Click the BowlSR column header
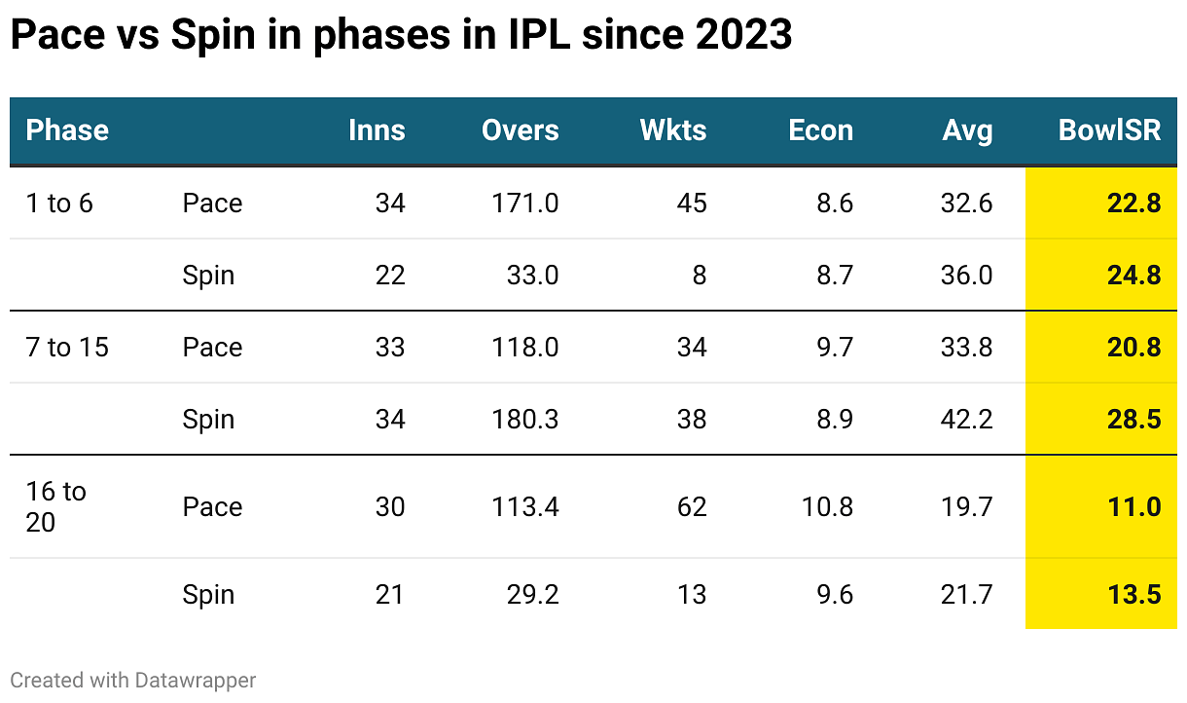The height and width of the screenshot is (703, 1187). pyautogui.click(x=1109, y=130)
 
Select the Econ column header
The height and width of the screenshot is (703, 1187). pyautogui.click(x=820, y=130)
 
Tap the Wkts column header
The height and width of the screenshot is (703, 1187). pyautogui.click(x=673, y=130)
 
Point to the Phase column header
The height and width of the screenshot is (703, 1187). pyautogui.click(x=67, y=130)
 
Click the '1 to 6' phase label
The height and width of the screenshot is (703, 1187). pyautogui.click(x=59, y=203)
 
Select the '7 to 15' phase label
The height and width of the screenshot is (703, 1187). pyautogui.click(x=67, y=347)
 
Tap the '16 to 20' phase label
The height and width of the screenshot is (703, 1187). pyautogui.click(x=55, y=506)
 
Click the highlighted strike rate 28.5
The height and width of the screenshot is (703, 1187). pyautogui.click(x=1133, y=419)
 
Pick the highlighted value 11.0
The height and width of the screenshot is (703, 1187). pyautogui.click(x=1133, y=506)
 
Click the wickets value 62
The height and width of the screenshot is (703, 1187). pyautogui.click(x=692, y=506)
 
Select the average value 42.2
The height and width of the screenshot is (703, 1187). pyautogui.click(x=967, y=419)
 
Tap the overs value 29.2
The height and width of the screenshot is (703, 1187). pyautogui.click(x=532, y=594)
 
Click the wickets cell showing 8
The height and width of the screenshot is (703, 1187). pyautogui.click(x=699, y=275)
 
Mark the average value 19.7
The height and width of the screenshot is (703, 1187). pyautogui.click(x=967, y=506)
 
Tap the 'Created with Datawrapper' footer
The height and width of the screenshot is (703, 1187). pyautogui.click(x=133, y=680)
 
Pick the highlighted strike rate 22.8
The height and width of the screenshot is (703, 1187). pyautogui.click(x=1133, y=203)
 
